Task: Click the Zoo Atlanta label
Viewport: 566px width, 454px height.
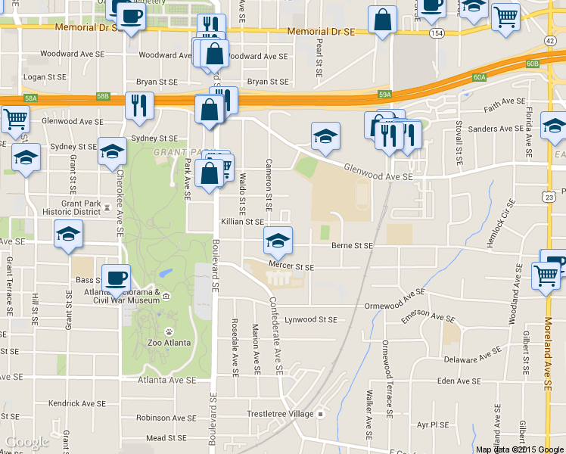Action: pos(167,342)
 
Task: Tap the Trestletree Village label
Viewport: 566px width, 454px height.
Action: pos(281,414)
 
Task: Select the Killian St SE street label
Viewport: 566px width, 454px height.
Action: pos(242,222)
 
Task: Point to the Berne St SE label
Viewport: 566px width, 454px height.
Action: pos(353,245)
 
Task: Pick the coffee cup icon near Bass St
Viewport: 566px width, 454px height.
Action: pos(116,278)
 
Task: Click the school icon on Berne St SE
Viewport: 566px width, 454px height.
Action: pos(278,241)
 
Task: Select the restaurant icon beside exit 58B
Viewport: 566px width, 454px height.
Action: pos(138,106)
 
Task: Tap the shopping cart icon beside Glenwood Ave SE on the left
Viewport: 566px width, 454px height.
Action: pos(14,119)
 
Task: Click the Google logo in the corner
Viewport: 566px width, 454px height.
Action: pos(26,442)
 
